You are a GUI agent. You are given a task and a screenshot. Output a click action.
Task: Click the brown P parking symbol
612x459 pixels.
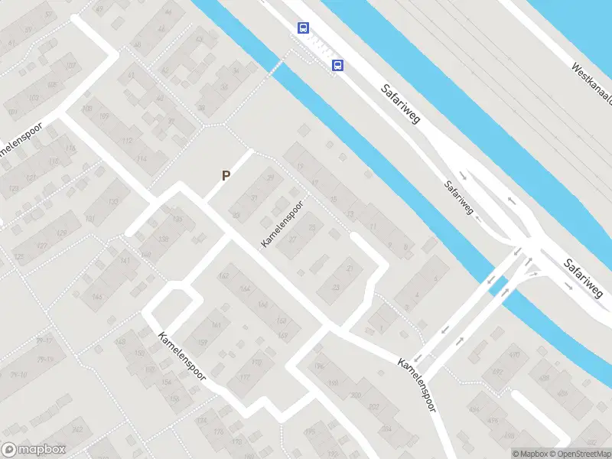click(226, 175)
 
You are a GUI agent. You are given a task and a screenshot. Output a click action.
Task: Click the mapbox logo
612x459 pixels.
click(32, 450)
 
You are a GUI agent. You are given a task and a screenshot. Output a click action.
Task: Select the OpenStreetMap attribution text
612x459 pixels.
click(579, 454)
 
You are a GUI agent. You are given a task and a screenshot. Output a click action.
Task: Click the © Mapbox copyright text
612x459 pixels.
click(530, 454)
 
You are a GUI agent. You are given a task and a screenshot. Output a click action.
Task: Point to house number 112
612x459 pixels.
click(127, 141)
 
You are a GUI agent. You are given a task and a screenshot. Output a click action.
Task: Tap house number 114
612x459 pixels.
click(141, 159)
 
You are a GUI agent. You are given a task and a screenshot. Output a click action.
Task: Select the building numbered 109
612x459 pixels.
click(103, 116)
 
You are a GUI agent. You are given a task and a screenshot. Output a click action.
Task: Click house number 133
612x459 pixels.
click(113, 202)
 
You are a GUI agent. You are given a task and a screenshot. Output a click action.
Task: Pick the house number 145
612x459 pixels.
click(97, 297)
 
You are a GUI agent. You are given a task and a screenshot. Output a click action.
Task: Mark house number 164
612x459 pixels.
click(245, 289)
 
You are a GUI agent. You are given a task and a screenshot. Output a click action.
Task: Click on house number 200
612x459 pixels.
click(355, 395)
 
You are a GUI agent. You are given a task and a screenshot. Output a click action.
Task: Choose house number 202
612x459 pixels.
click(374, 406)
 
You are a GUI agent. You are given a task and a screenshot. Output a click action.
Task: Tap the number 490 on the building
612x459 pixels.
click(515, 356)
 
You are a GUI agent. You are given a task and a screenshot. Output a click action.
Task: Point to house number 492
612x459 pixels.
click(497, 373)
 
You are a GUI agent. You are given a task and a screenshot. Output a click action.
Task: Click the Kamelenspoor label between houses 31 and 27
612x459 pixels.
click(282, 224)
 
